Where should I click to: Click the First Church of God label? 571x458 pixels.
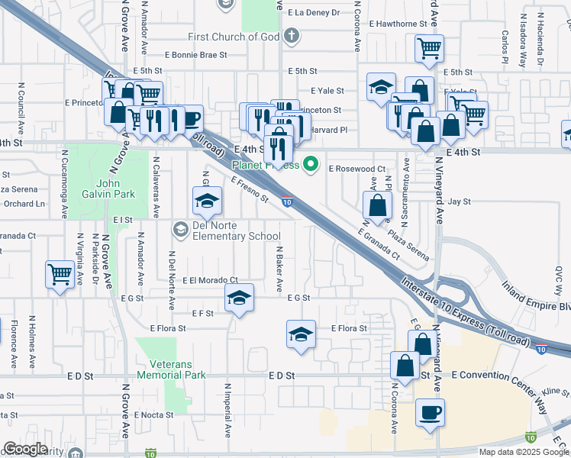tap(235, 37)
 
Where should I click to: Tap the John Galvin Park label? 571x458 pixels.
tap(115, 189)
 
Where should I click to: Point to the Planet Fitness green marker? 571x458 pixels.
tap(310, 163)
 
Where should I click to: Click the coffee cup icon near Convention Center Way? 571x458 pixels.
tap(429, 413)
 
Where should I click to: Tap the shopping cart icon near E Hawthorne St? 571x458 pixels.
tap(429, 49)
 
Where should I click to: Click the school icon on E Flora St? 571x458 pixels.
tap(301, 334)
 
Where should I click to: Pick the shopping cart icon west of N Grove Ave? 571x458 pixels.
tap(60, 273)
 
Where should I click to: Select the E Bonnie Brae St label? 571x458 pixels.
tap(196, 55)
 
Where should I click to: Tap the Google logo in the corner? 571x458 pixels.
tap(24, 448)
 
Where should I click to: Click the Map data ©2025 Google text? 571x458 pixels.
tap(523, 452)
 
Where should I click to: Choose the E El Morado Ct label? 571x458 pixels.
tap(210, 280)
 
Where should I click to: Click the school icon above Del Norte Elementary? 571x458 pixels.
tap(206, 202)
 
